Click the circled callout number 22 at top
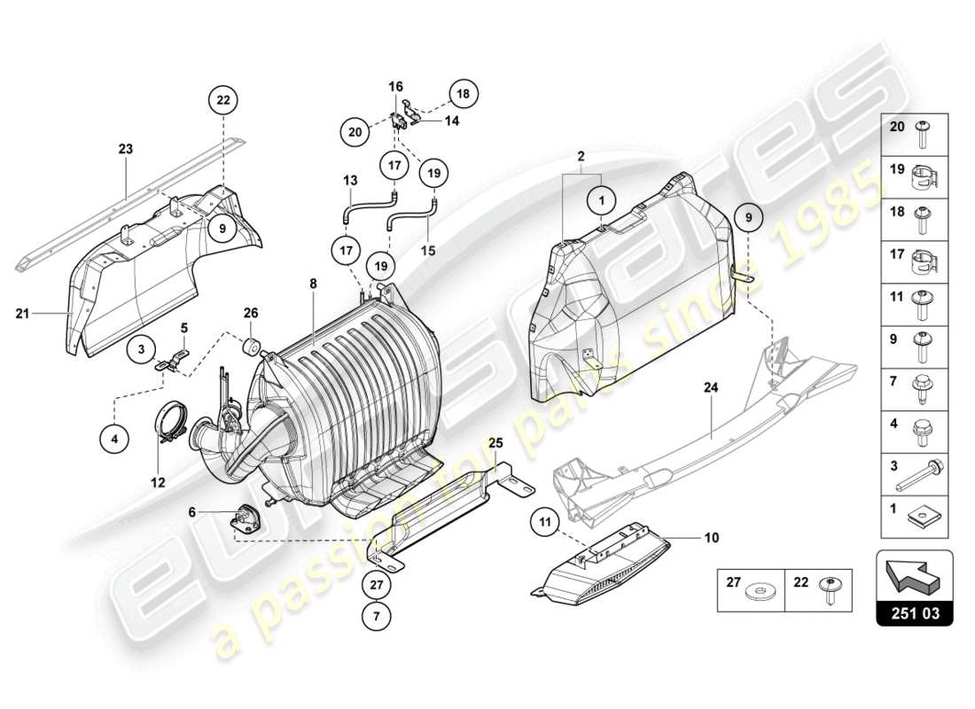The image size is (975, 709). pos(223,101)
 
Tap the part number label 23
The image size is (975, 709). pos(126,150)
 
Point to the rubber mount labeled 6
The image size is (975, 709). pos(243,518)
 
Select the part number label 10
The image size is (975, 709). pos(712,537)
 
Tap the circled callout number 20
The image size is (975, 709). pos(355,132)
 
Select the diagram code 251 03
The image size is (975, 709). pos(915,612)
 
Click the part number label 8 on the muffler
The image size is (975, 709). pos(312,284)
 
